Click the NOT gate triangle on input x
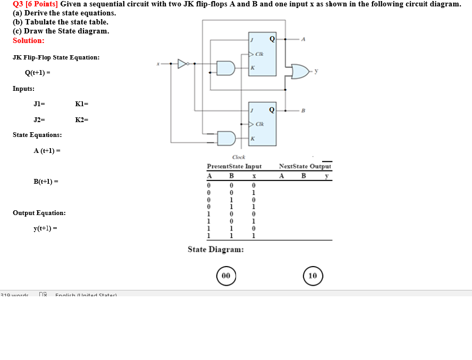pyautogui.click(x=182, y=64)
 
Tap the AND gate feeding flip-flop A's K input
pyautogui.click(x=225, y=68)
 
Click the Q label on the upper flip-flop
pyautogui.click(x=272, y=38)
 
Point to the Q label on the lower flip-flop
pyautogui.click(x=272, y=110)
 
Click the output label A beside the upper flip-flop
pyautogui.click(x=303, y=39)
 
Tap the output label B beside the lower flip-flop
pyautogui.click(x=303, y=110)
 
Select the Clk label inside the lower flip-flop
pyautogui.click(x=260, y=124)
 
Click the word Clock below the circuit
pyautogui.click(x=239, y=157)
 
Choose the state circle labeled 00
pyautogui.click(x=226, y=276)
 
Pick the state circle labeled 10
pyautogui.click(x=313, y=276)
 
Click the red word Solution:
pyautogui.click(x=29, y=40)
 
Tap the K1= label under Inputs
pyautogui.click(x=82, y=104)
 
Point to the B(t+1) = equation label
pyautogui.click(x=46, y=182)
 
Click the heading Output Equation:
pyautogui.click(x=39, y=212)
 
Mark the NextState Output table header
pyautogui.click(x=305, y=166)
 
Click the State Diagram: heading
pyautogui.click(x=216, y=249)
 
